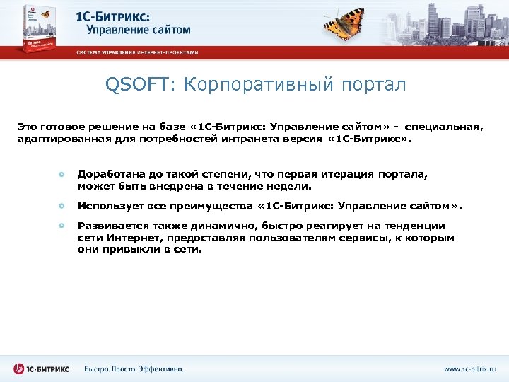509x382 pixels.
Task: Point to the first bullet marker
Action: click(62, 173)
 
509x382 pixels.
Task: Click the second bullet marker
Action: click(62, 207)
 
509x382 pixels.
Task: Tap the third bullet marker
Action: click(62, 226)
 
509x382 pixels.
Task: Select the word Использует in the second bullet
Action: click(107, 207)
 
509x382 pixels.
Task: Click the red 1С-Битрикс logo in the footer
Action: click(41, 369)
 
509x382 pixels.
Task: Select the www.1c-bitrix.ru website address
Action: click(469, 369)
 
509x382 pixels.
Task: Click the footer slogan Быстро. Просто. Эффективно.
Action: click(134, 369)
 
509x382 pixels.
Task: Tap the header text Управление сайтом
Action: click(139, 30)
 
